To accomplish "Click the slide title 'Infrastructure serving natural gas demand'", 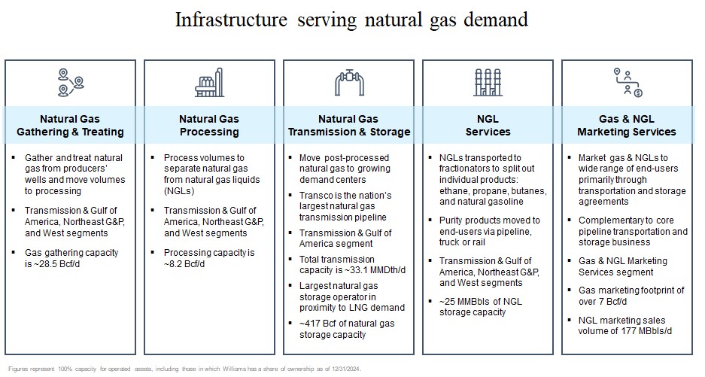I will pos(351,20).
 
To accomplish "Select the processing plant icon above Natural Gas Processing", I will pos(209,82).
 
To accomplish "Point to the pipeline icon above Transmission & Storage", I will pos(348,82).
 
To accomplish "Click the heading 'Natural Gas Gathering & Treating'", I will pos(70,125).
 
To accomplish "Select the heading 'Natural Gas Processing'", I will pos(209,125).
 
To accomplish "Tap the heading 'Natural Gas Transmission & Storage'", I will pos(348,125).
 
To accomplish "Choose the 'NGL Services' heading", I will pos(488,125).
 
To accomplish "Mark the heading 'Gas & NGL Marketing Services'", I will pos(627,125).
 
